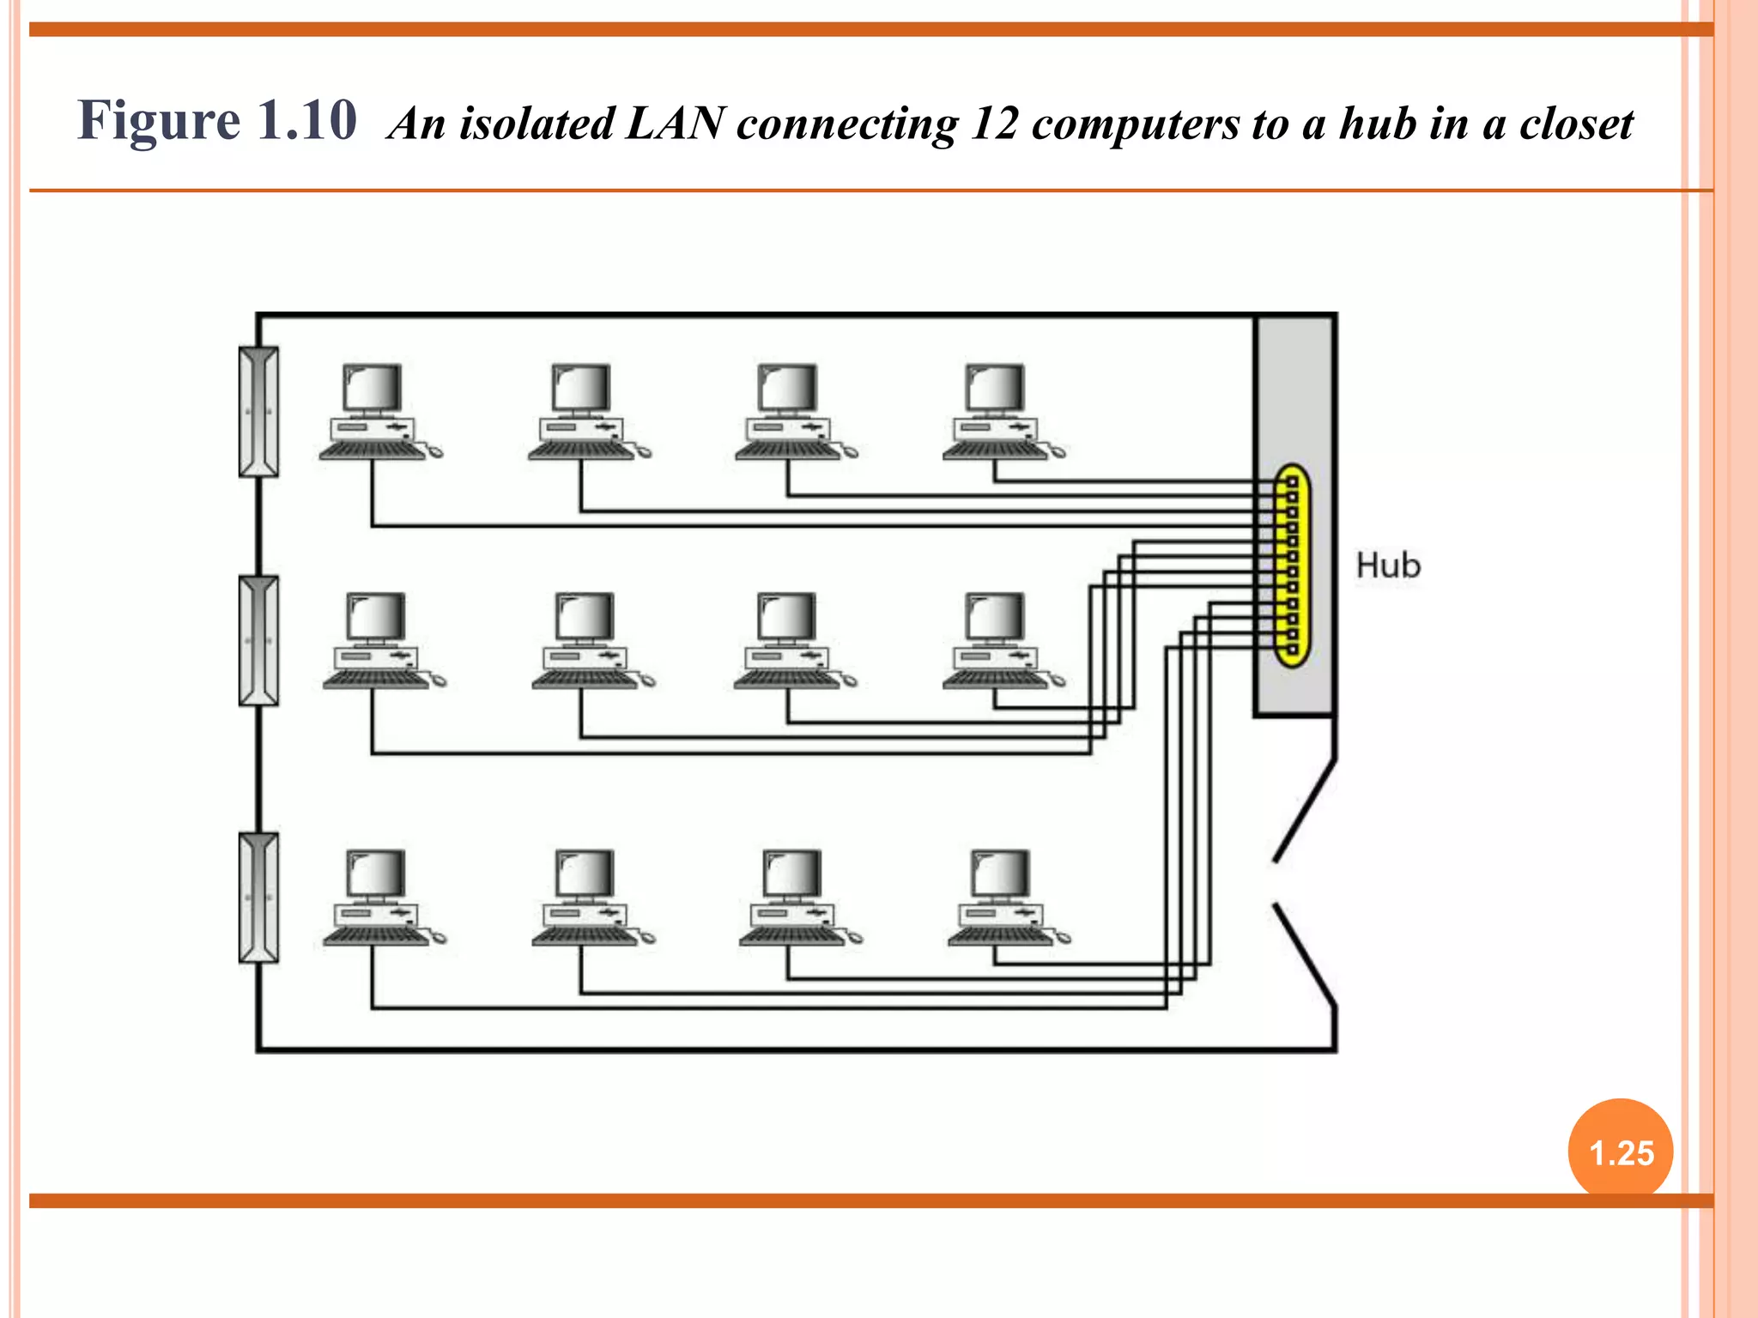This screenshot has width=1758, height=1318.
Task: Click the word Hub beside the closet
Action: [1387, 566]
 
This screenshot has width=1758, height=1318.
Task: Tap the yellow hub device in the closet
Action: [1291, 566]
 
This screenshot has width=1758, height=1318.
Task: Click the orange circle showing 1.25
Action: [1620, 1152]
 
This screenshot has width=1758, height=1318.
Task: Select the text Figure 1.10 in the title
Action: [216, 120]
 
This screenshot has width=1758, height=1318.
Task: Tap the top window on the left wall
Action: [258, 412]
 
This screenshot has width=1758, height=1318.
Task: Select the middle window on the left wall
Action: [258, 641]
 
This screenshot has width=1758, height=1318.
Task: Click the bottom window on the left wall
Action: [258, 898]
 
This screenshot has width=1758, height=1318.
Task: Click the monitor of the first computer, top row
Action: [373, 388]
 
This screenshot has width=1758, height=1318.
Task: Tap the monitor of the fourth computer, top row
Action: [995, 388]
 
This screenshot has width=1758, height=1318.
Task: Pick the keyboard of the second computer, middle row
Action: [584, 680]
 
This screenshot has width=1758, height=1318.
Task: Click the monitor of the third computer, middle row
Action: [787, 616]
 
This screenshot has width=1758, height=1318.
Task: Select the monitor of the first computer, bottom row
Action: [376, 874]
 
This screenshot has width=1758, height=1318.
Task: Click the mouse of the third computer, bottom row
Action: [855, 938]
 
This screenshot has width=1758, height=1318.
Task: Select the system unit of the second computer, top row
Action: [581, 427]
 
